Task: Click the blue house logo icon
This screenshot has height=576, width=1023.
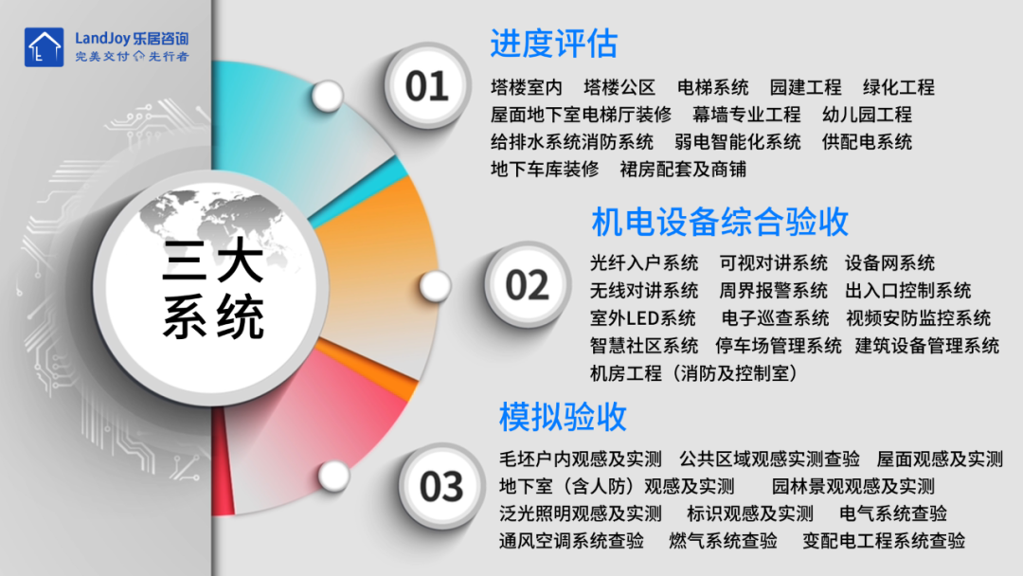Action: (x=44, y=47)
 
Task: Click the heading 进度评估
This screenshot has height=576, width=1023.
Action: (x=553, y=44)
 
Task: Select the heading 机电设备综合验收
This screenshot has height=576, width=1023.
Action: (x=720, y=222)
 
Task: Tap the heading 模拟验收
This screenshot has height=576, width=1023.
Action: (x=563, y=416)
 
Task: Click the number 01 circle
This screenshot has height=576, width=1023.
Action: (x=427, y=85)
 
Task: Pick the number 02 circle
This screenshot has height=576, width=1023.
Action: (x=528, y=285)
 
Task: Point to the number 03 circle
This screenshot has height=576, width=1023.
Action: (x=441, y=487)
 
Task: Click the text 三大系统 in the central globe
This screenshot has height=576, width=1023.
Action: (x=213, y=288)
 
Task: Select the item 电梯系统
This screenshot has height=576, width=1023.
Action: (x=712, y=87)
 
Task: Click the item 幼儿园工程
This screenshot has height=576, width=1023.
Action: (x=867, y=115)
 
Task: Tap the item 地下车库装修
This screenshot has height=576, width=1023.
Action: (x=545, y=170)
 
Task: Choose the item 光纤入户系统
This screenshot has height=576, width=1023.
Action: (x=644, y=262)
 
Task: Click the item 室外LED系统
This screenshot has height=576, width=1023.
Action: (x=642, y=318)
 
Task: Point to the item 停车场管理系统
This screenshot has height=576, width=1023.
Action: (x=779, y=346)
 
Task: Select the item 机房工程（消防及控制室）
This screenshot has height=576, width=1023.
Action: (x=693, y=373)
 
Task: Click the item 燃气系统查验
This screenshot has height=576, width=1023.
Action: (x=723, y=541)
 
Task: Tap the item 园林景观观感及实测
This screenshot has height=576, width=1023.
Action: (x=853, y=486)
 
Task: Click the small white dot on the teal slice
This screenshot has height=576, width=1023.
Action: (x=327, y=96)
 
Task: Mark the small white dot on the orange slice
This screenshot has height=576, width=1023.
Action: (x=435, y=286)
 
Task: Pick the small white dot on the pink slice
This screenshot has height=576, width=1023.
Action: (x=334, y=477)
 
